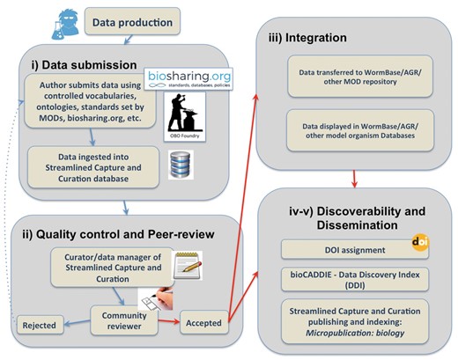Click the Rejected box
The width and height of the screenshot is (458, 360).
[41, 326]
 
